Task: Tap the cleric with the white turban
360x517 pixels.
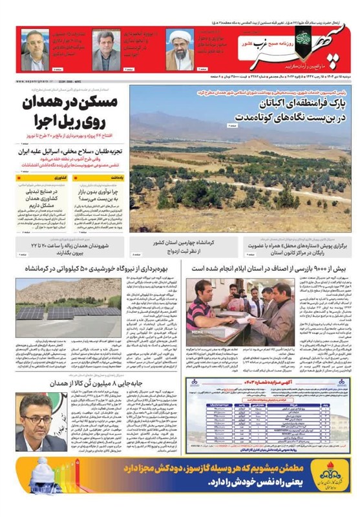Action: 180,50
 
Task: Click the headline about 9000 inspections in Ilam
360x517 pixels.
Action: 266,268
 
